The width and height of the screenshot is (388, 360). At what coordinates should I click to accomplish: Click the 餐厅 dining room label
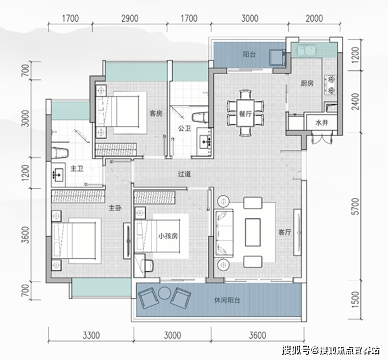click(245, 114)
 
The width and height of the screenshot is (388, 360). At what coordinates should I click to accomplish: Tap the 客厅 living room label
click(284, 232)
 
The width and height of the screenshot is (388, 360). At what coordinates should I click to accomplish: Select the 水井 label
click(322, 123)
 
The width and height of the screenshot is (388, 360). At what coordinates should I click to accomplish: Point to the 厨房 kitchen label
click(307, 84)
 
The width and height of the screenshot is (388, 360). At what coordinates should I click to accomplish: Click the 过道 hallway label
click(184, 174)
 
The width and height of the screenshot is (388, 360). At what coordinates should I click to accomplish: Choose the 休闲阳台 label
click(227, 300)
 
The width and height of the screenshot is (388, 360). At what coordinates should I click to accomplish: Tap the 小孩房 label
click(168, 236)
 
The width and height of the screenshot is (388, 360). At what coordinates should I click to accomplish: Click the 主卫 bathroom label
click(77, 169)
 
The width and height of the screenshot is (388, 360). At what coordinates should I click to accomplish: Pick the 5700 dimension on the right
click(355, 206)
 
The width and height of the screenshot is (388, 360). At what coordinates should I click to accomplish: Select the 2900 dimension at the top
click(130, 18)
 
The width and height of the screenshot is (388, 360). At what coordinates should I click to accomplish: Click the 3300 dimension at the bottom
click(91, 335)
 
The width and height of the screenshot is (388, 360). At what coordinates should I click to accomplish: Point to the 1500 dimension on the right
click(355, 300)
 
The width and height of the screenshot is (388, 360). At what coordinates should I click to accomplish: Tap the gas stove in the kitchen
click(330, 85)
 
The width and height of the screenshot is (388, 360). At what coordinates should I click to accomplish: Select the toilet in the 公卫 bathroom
click(200, 118)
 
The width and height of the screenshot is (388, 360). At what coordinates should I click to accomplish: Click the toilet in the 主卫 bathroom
click(59, 153)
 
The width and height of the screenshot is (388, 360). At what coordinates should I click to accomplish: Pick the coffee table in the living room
click(253, 232)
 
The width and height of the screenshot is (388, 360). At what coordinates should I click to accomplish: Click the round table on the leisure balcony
click(164, 293)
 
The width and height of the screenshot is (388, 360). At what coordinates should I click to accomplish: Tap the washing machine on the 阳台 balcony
click(277, 57)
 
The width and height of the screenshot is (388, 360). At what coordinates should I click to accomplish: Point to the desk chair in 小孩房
click(147, 265)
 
